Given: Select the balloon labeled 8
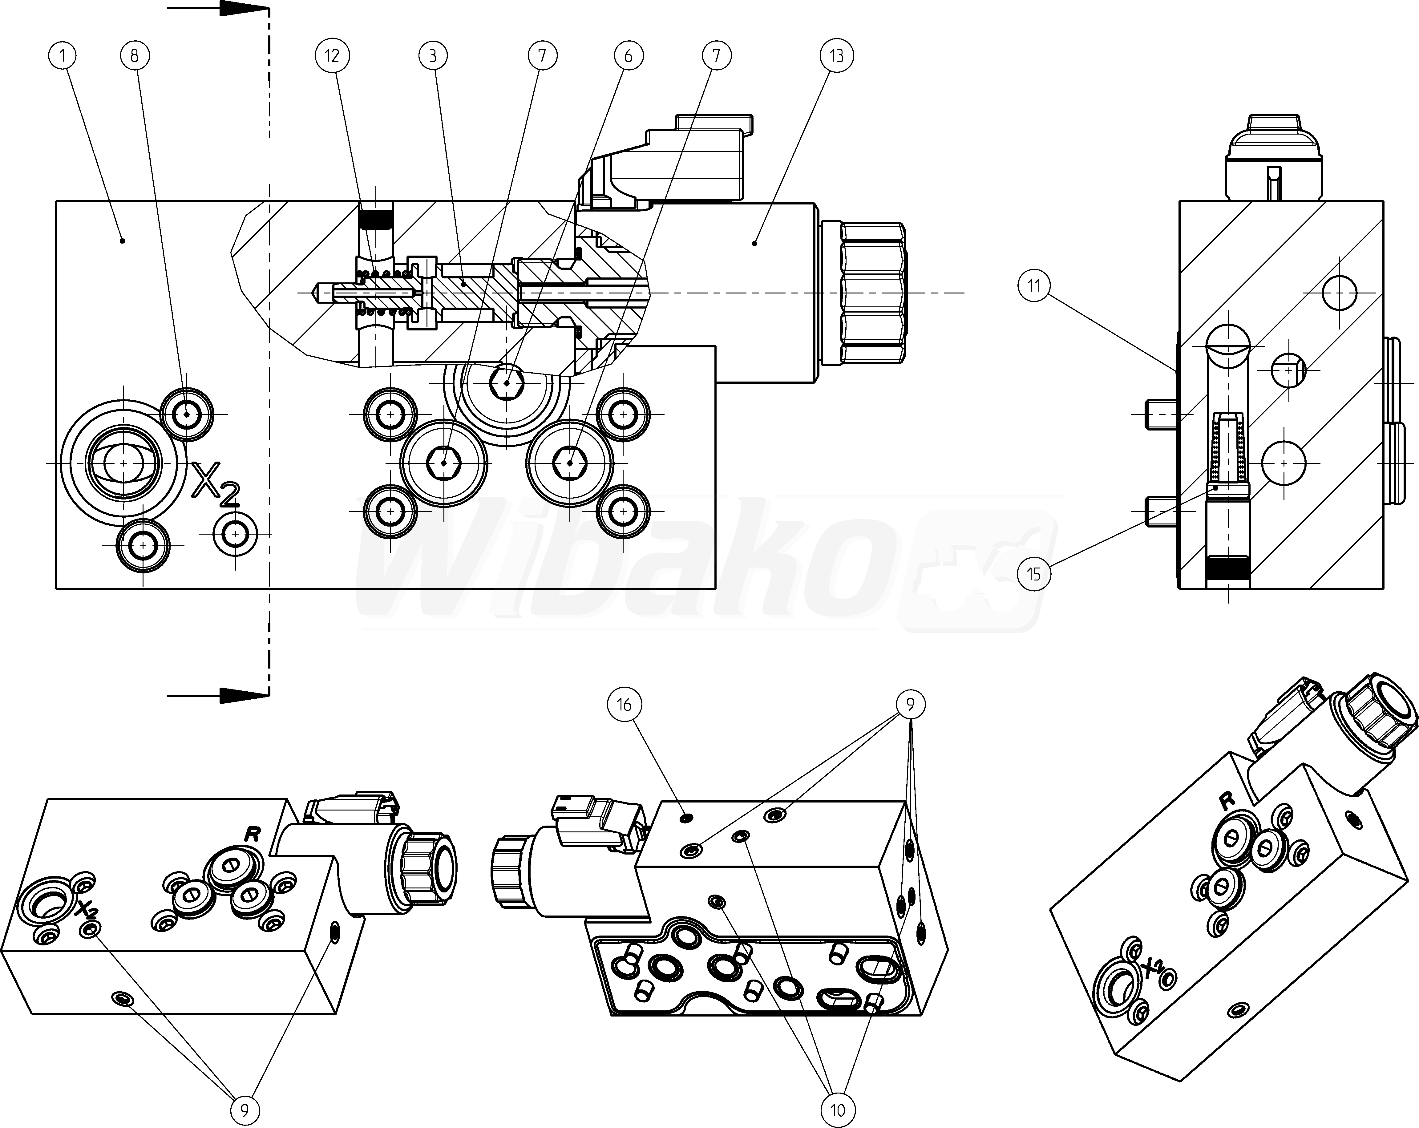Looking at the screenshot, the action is click(x=135, y=56).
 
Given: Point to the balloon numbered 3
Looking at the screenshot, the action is click(x=433, y=56).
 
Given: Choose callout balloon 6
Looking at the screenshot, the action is click(x=628, y=56).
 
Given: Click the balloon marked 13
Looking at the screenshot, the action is click(x=836, y=56).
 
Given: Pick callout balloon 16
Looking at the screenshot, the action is click(x=624, y=705).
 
